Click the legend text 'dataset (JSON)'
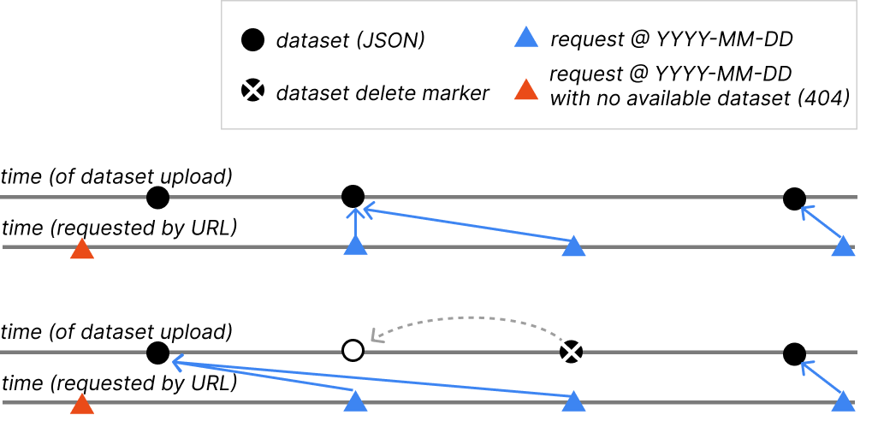(x=350, y=40)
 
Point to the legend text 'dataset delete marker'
(x=383, y=93)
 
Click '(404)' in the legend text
(x=822, y=98)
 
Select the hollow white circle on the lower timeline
(x=353, y=351)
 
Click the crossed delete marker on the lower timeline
(x=572, y=351)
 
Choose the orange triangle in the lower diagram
(x=81, y=404)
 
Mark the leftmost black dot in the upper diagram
(x=157, y=199)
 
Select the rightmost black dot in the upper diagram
(x=794, y=199)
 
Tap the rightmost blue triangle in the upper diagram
(x=844, y=247)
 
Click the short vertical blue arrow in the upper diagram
(x=354, y=224)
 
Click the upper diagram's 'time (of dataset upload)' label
(x=117, y=177)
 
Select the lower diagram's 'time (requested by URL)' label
(x=120, y=383)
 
